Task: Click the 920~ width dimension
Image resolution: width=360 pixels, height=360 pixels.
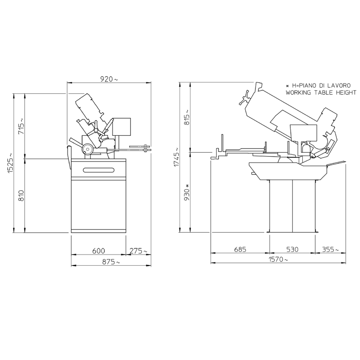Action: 109,79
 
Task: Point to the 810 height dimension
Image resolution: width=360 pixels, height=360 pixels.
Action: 21,196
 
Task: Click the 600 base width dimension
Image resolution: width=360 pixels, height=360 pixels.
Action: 99,251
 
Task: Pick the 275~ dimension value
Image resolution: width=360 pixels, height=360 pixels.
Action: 138,251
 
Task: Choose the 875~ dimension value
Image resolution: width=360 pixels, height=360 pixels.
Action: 111,262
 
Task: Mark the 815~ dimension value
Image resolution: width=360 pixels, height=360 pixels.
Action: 187,117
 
